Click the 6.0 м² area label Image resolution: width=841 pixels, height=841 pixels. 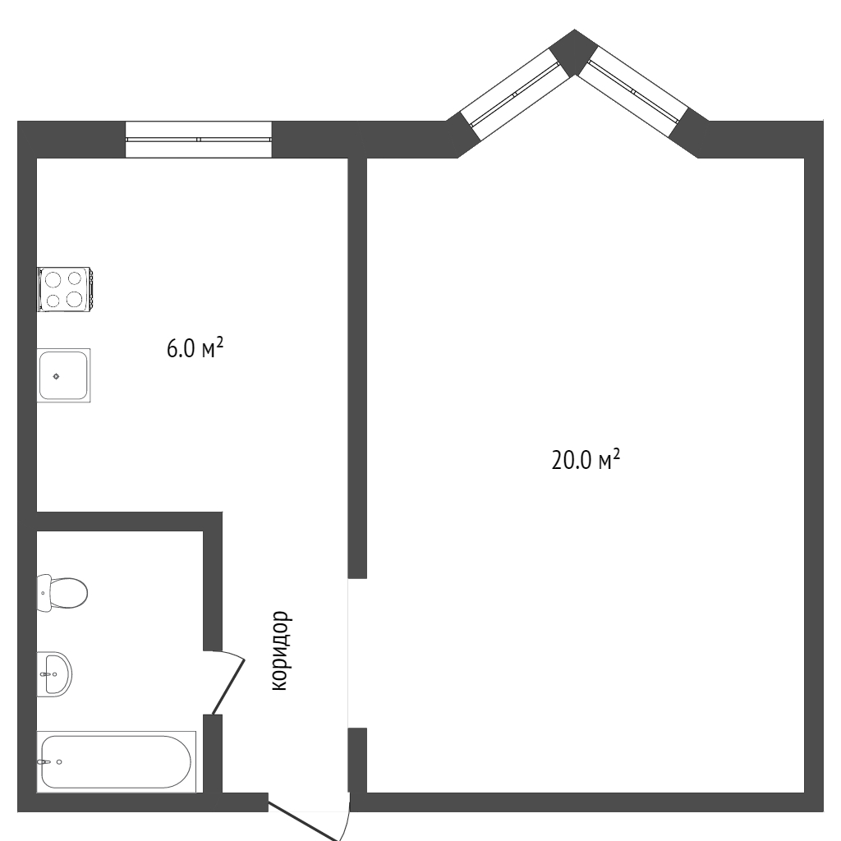[195, 348]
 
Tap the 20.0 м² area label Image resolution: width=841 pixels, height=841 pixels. [586, 460]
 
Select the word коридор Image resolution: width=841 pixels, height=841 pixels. [281, 650]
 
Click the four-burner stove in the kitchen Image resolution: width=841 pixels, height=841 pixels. [65, 289]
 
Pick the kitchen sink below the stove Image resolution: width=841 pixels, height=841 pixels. [64, 375]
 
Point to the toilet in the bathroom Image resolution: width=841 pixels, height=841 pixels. [62, 593]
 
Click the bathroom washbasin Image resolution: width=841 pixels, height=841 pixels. [54, 674]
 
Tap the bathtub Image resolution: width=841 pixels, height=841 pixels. [117, 761]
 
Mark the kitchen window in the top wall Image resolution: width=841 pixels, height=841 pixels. [199, 140]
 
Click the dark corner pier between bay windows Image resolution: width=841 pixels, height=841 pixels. [574, 52]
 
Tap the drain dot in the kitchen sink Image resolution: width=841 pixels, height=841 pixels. [57, 376]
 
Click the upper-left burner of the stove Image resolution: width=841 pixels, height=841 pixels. [53, 280]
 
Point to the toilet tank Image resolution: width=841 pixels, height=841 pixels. [44, 593]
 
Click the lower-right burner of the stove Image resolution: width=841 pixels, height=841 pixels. [75, 298]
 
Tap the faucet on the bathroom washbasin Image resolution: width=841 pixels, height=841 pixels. [48, 674]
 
